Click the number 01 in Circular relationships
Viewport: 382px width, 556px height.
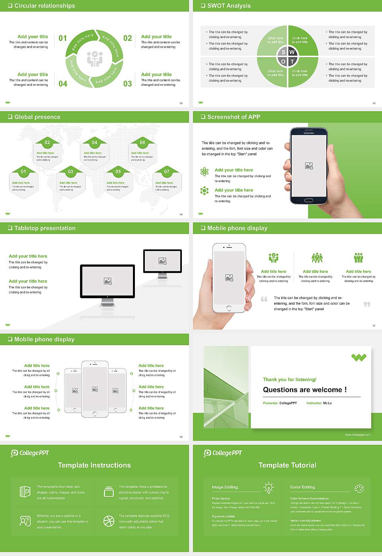point(63,38)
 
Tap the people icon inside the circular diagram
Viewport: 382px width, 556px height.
point(95,58)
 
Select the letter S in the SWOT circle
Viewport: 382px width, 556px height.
point(283,52)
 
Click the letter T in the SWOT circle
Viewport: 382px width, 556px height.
point(292,62)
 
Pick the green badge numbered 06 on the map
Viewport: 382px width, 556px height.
point(142,143)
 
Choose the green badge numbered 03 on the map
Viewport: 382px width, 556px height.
point(70,172)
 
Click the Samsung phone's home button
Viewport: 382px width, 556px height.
point(309,200)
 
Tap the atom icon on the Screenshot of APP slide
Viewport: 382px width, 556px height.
point(205,172)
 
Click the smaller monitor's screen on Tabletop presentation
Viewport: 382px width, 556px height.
point(162,261)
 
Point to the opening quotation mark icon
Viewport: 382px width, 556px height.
point(264,299)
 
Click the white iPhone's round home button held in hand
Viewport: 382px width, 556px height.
point(229,308)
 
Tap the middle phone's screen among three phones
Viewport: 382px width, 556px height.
point(95,389)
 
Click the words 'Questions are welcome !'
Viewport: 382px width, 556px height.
point(305,390)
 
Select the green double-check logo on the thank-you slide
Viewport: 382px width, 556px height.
point(359,357)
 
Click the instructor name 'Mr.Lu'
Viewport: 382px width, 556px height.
point(327,403)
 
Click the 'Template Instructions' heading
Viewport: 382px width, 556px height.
point(94,465)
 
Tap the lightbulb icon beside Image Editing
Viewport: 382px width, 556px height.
point(269,487)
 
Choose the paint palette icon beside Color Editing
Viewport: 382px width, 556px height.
point(359,488)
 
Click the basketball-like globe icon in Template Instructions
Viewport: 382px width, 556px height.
point(109,521)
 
